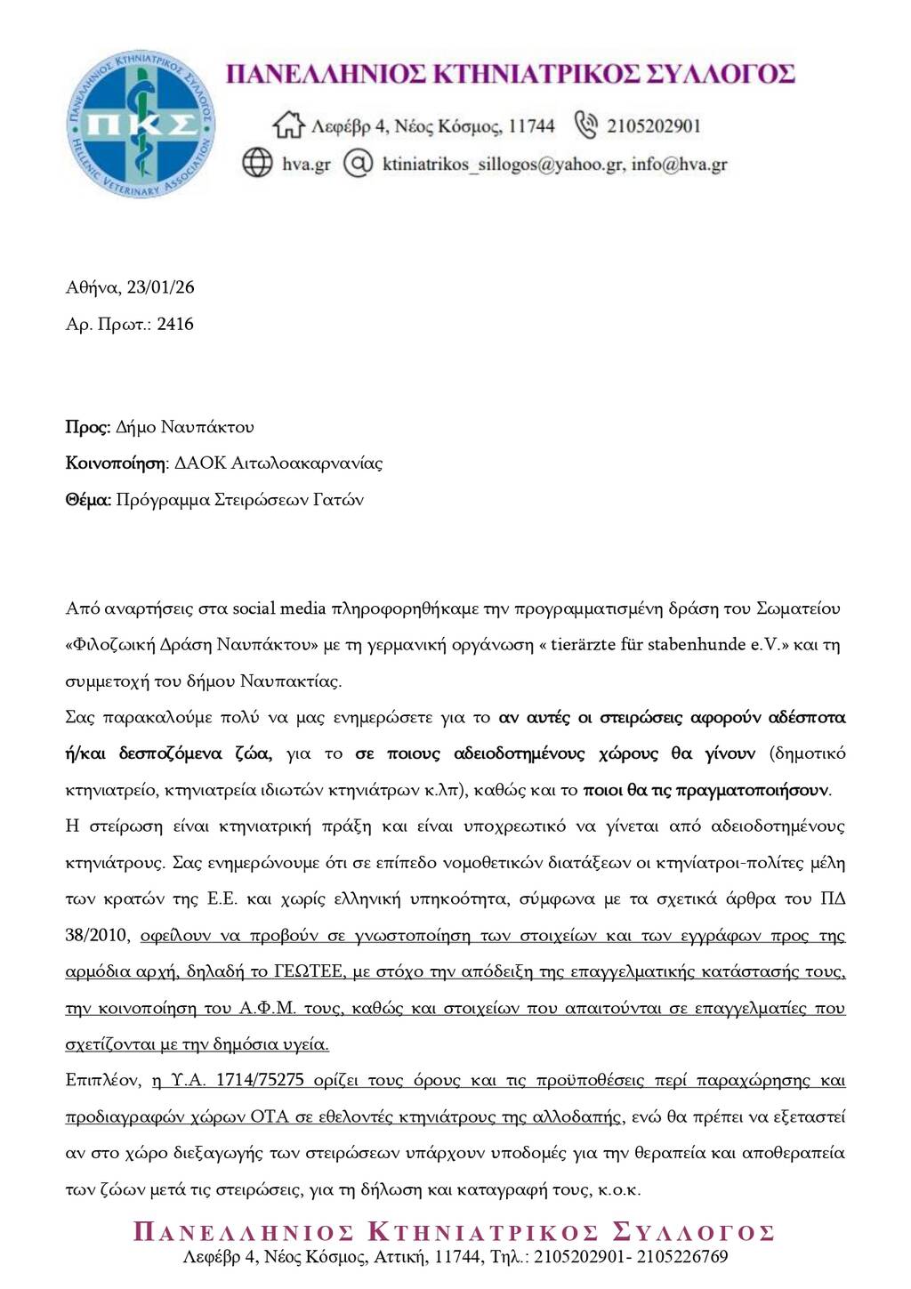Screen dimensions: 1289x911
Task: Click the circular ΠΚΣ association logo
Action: pos(141,124)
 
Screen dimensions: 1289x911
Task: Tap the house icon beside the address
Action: pos(288,125)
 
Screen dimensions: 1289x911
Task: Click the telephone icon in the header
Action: pos(585,125)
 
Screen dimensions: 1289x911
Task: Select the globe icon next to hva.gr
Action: pos(257,164)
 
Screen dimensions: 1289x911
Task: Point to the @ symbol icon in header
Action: pos(358,164)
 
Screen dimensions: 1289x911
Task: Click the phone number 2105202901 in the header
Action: pos(654,126)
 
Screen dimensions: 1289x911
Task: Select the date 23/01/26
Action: pos(160,287)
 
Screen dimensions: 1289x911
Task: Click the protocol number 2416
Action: pos(175,324)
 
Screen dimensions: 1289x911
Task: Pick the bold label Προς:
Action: pos(88,427)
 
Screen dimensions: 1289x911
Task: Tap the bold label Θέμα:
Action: pos(88,500)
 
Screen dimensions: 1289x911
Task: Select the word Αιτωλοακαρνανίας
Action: pos(306,463)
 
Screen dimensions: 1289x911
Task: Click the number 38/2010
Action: pos(97,935)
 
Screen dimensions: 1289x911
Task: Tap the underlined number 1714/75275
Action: pos(246,1080)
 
